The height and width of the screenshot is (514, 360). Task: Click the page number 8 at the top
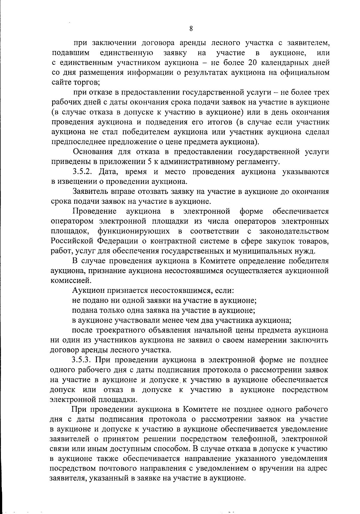coord(191,29)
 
